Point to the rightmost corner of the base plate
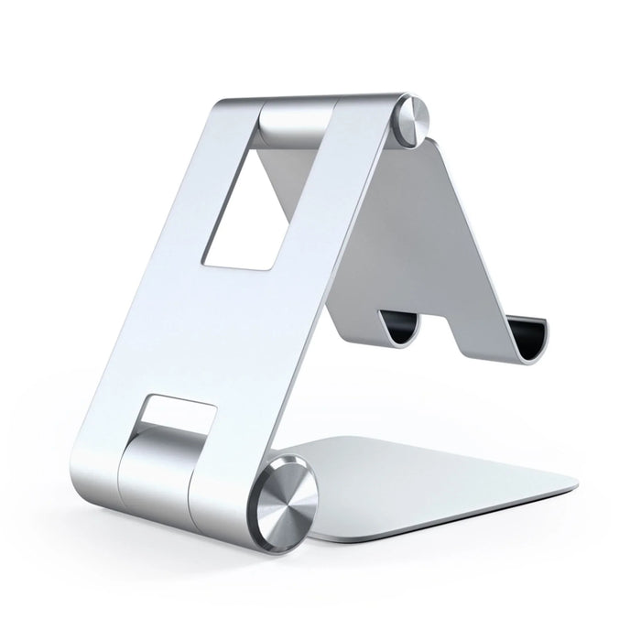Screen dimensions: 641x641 (579, 483)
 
